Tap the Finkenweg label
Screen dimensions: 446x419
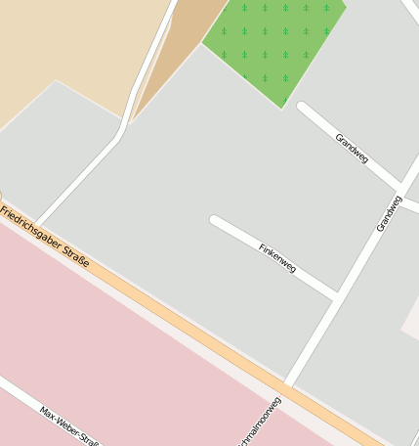coord(277,257)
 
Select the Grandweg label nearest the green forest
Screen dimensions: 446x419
coord(352,148)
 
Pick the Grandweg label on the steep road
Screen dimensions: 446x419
coord(389,214)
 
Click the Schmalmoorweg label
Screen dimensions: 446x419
coord(259,423)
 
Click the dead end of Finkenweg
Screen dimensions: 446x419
coord(215,220)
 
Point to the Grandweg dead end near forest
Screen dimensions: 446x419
coord(302,105)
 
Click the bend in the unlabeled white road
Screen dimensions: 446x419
coord(121,132)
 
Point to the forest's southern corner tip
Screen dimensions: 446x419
coord(283,107)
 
